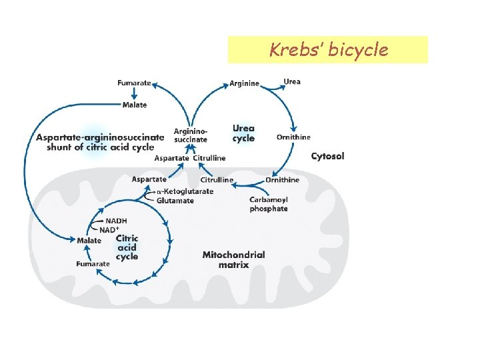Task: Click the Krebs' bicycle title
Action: (x=327, y=50)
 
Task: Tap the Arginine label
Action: (x=244, y=83)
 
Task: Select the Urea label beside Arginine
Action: (x=292, y=81)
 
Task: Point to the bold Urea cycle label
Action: (x=243, y=133)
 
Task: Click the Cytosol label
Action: (x=328, y=156)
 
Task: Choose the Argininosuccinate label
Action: (x=190, y=135)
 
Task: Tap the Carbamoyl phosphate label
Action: (x=269, y=204)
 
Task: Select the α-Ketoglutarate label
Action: (x=186, y=191)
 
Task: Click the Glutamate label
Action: (x=176, y=200)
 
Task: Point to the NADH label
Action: (x=115, y=221)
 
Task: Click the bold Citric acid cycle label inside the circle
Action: (x=127, y=247)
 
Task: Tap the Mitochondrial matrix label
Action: (x=233, y=259)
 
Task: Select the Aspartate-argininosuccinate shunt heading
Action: (x=100, y=142)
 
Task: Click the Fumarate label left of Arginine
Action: (x=133, y=83)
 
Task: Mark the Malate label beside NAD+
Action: (x=89, y=240)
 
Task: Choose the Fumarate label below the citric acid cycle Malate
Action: (x=93, y=264)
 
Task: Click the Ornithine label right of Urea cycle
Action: (x=293, y=137)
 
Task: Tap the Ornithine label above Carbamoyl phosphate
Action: (x=283, y=180)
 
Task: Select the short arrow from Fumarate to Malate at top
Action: (x=134, y=94)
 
